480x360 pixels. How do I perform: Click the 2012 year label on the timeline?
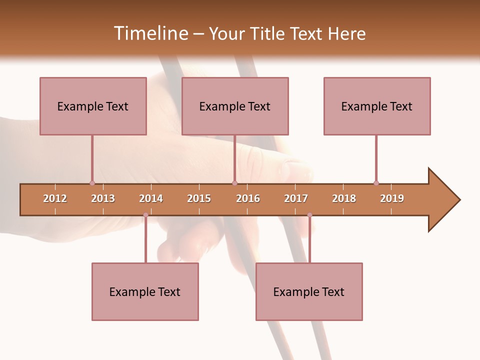55,198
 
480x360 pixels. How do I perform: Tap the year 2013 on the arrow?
103,198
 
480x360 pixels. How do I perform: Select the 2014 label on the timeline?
151,198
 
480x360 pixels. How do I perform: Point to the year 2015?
199,198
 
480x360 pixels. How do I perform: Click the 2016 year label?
248,198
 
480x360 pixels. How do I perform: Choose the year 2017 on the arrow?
296,198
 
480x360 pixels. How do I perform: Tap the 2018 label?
344,198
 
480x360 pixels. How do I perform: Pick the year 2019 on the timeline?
392,198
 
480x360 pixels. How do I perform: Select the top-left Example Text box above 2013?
93,106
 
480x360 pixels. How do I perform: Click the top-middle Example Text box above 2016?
235,106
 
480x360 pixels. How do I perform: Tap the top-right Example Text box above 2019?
377,106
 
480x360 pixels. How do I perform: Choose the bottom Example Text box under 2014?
145,291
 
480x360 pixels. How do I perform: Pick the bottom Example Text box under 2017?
309,291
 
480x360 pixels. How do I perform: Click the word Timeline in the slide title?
150,33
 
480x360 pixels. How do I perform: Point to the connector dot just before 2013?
92,183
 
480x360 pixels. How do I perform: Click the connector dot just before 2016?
234,183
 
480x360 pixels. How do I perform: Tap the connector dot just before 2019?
376,183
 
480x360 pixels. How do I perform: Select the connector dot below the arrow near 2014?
145,215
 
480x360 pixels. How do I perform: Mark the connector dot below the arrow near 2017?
309,215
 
